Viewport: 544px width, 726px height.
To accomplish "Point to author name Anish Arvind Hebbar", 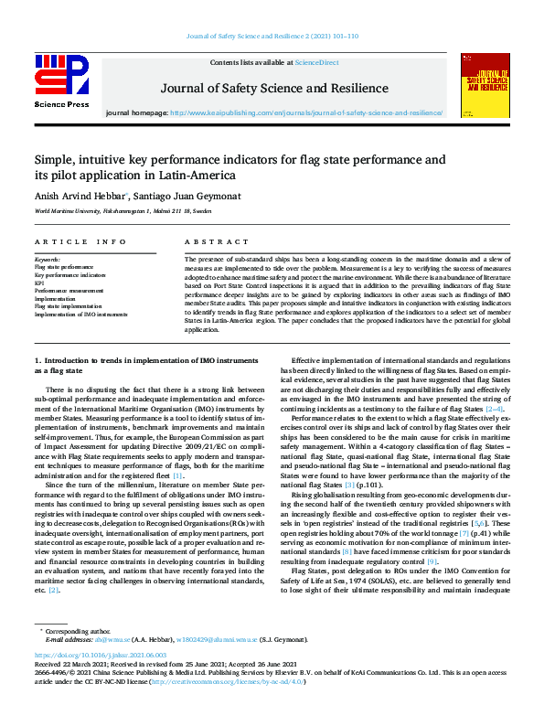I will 79,194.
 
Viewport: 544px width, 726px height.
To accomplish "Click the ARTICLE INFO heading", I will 80,242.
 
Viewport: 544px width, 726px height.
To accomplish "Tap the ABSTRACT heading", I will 217,242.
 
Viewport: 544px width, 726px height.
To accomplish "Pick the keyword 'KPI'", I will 40,282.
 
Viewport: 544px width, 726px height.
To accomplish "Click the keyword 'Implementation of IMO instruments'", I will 80,314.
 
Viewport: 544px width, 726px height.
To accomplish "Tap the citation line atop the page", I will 272,36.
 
